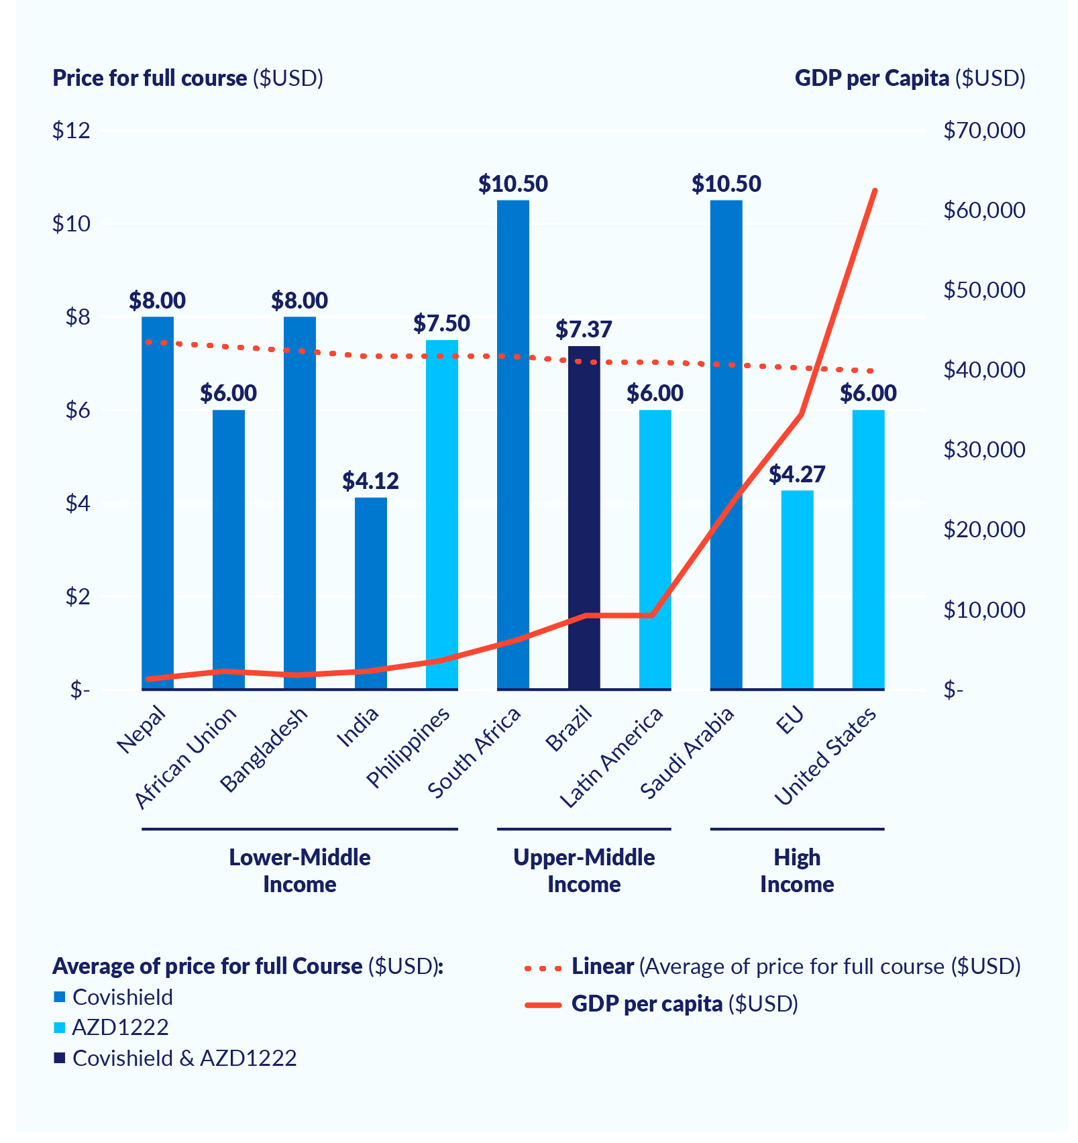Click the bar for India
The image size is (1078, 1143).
pos(370,593)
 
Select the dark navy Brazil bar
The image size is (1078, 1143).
pos(584,517)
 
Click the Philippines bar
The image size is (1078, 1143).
pos(441,514)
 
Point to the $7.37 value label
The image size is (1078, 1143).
pos(584,329)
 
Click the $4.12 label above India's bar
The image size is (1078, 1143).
pos(370,481)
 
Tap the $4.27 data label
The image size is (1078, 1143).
pos(797,474)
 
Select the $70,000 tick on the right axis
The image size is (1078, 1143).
pos(983,130)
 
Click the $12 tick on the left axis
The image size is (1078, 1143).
pos(71,130)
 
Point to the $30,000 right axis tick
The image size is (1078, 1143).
pos(983,449)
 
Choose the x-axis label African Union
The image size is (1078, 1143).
pos(186,758)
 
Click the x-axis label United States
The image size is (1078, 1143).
pos(826,757)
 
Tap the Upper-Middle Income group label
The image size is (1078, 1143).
pos(584,870)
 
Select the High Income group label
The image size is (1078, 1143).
pos(797,870)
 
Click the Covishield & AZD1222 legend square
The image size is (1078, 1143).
pos(60,1058)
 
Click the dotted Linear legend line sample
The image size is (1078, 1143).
pos(543,968)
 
